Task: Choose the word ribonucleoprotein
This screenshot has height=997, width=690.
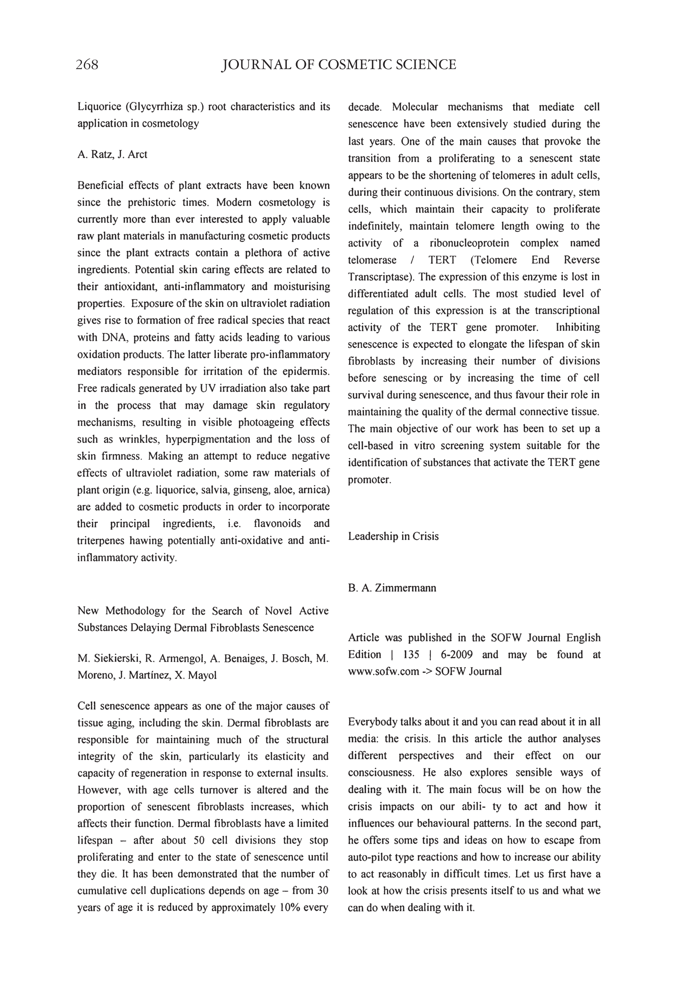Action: click(x=469, y=243)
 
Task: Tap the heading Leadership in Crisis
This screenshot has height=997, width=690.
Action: click(x=393, y=536)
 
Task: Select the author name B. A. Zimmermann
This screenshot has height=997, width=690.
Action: click(x=392, y=588)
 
